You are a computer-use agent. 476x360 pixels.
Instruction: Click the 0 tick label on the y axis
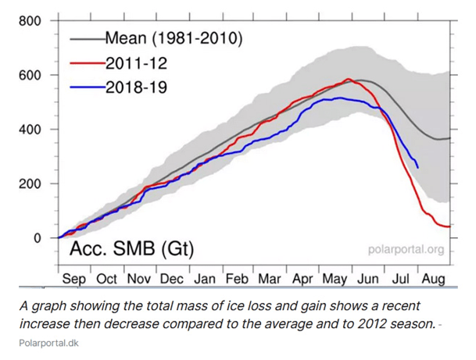36,238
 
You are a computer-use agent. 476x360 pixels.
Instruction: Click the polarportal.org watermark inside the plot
406,250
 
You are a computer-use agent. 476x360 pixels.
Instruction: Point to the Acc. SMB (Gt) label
131,250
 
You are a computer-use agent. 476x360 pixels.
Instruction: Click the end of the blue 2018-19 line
417,167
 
